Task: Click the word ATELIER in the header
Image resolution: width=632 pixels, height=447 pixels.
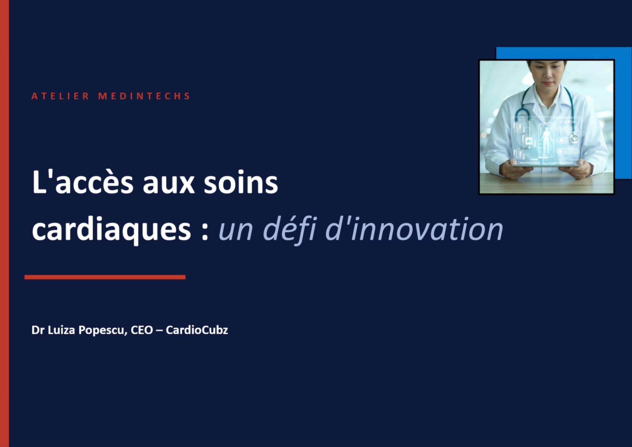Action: (x=60, y=96)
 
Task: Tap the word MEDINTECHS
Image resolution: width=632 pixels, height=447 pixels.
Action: (x=144, y=96)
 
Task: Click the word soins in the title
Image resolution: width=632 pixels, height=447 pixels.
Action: (x=241, y=183)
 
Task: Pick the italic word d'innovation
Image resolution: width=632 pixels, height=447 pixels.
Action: (x=414, y=229)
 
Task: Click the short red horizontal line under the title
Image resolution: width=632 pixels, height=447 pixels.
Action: (x=105, y=277)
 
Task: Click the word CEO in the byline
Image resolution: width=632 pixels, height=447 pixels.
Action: (x=142, y=330)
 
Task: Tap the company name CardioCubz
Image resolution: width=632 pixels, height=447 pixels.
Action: (x=197, y=330)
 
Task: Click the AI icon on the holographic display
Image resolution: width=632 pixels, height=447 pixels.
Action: (x=529, y=141)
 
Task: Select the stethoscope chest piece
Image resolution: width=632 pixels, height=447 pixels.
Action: (x=574, y=138)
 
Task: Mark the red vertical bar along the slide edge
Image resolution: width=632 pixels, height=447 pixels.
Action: (x=4, y=223)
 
